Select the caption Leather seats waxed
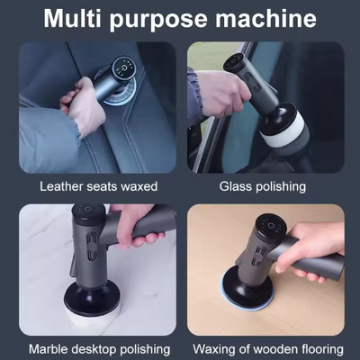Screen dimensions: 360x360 pos(99,186)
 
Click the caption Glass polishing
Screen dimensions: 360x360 pos(262,186)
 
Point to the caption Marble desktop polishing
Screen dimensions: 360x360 pos(99,347)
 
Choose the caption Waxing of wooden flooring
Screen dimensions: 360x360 pos(266,347)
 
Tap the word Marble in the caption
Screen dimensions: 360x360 pos(50,347)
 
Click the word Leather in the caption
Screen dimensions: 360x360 pos(63,186)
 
